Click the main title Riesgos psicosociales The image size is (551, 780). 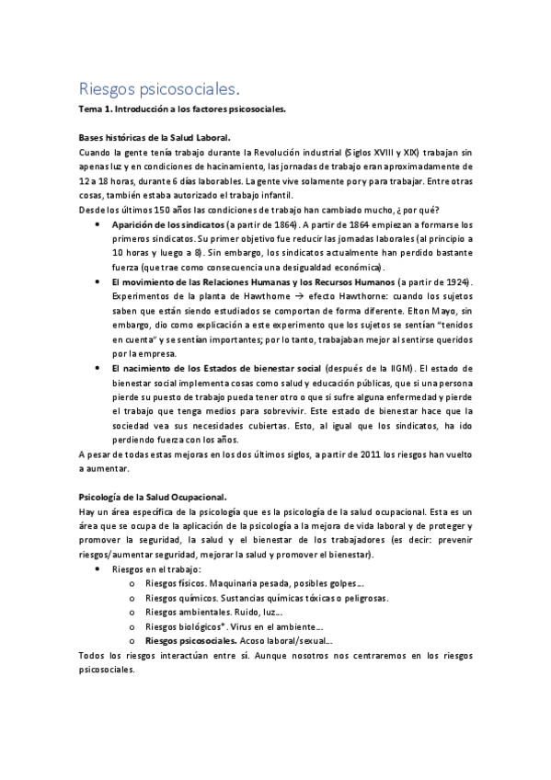(159, 89)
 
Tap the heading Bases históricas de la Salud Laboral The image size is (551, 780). (155, 137)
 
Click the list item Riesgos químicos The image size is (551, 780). (178, 598)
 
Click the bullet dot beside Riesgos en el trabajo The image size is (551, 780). (98, 569)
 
